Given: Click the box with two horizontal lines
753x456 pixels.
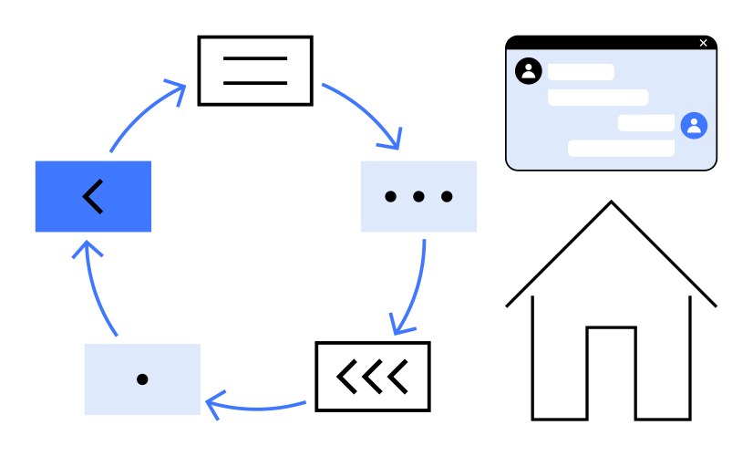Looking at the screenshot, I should click(x=255, y=70).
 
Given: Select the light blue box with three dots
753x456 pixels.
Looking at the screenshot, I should click(x=418, y=196).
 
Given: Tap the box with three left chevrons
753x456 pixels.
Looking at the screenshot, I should click(x=372, y=376).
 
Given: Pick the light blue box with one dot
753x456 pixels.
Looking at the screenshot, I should click(x=142, y=379).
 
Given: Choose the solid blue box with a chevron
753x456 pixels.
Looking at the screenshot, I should click(x=93, y=196).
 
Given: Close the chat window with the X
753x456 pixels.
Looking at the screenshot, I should click(x=703, y=43).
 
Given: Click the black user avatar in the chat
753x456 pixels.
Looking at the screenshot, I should click(x=528, y=71).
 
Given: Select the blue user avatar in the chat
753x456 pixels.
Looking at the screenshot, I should click(x=694, y=125).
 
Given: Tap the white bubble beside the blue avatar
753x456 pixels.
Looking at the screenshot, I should click(x=646, y=123).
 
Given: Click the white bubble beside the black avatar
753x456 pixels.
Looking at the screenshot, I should click(x=581, y=72).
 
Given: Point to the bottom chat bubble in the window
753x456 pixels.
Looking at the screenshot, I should click(x=621, y=148).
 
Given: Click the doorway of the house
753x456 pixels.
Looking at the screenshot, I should click(x=611, y=374).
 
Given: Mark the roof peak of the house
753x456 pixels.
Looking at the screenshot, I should click(x=611, y=203).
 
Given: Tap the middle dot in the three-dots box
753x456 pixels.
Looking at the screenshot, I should click(x=418, y=196).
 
